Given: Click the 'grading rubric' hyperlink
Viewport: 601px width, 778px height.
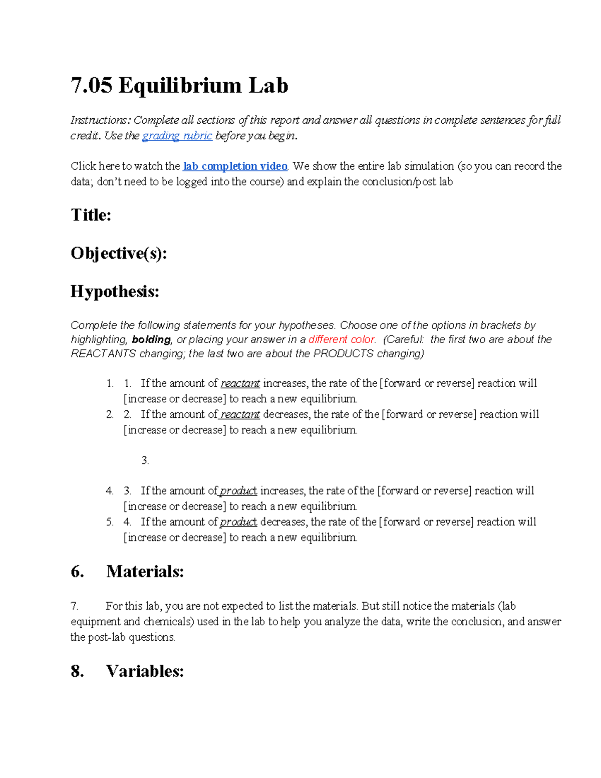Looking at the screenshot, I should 177,136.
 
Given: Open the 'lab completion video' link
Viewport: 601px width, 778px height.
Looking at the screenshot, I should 235,166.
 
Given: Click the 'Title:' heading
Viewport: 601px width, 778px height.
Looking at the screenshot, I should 91,215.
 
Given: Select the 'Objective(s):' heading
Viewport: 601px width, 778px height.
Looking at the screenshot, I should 119,253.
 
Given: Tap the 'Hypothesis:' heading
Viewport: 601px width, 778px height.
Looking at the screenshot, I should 115,292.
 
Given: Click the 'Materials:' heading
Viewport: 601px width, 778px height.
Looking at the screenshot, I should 145,572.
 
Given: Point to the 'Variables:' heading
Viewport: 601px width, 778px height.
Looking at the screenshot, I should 145,671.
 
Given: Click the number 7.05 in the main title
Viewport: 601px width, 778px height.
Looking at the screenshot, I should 91,86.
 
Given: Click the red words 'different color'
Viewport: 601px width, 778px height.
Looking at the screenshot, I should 342,340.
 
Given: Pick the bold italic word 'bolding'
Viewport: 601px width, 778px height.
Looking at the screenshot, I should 151,340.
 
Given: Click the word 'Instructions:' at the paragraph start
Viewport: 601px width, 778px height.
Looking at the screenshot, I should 100,120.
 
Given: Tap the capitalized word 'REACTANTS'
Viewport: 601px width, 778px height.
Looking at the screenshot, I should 103,354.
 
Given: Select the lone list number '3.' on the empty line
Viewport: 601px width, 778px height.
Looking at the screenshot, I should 145,460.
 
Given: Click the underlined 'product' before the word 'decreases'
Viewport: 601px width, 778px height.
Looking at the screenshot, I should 238,522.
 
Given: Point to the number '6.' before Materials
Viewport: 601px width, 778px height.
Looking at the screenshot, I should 77,572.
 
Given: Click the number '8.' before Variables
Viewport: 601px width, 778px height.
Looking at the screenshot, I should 77,671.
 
